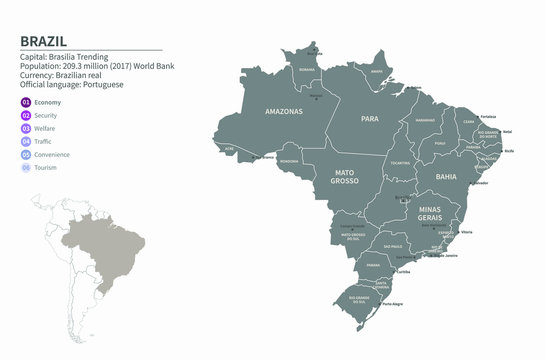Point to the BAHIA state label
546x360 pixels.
tap(445, 176)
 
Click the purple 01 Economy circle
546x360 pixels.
tap(26, 102)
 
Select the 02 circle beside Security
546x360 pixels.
tap(26, 116)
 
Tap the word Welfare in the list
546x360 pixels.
tap(47, 129)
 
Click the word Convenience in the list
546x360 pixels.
tap(53, 156)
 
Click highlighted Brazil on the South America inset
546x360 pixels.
tap(95, 248)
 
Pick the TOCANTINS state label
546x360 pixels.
tap(400, 162)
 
